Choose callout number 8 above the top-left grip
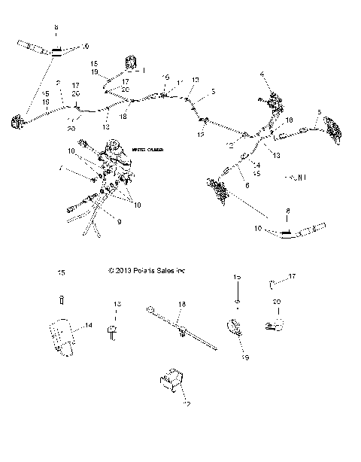56,28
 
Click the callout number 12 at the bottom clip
187,403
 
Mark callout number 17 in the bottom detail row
293,278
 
